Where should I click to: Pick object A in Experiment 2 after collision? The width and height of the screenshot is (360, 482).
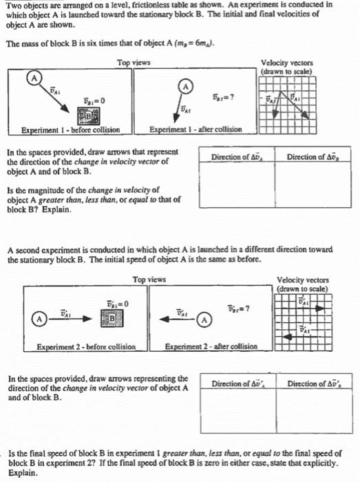(204, 319)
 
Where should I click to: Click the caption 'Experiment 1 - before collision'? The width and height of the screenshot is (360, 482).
(71, 130)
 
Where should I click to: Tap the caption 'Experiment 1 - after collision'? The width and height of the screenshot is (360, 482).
(197, 130)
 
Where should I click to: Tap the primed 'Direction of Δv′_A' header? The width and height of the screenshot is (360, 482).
(238, 383)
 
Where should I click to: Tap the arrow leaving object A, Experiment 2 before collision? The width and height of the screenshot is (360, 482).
(74, 319)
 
